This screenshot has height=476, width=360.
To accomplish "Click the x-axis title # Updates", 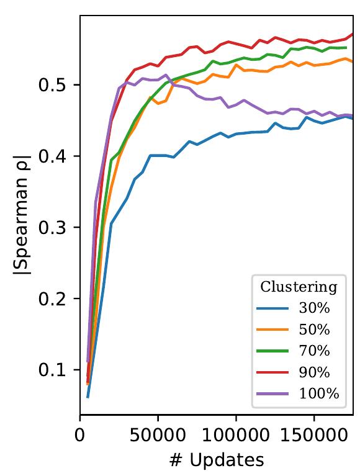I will click(217, 460).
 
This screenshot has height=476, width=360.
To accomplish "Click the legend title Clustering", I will click(299, 287).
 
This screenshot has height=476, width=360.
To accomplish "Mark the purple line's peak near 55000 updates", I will click(166, 75).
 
